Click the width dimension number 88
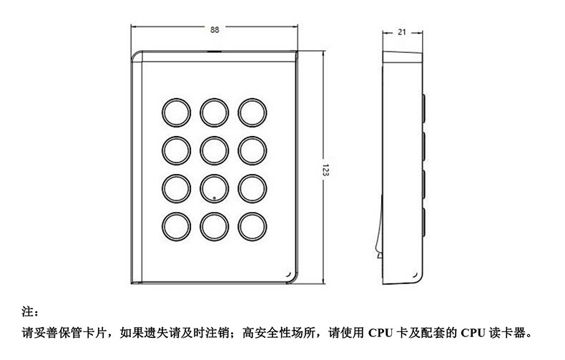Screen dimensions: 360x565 tap(215, 30)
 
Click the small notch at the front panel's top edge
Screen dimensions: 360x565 tap(214, 52)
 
